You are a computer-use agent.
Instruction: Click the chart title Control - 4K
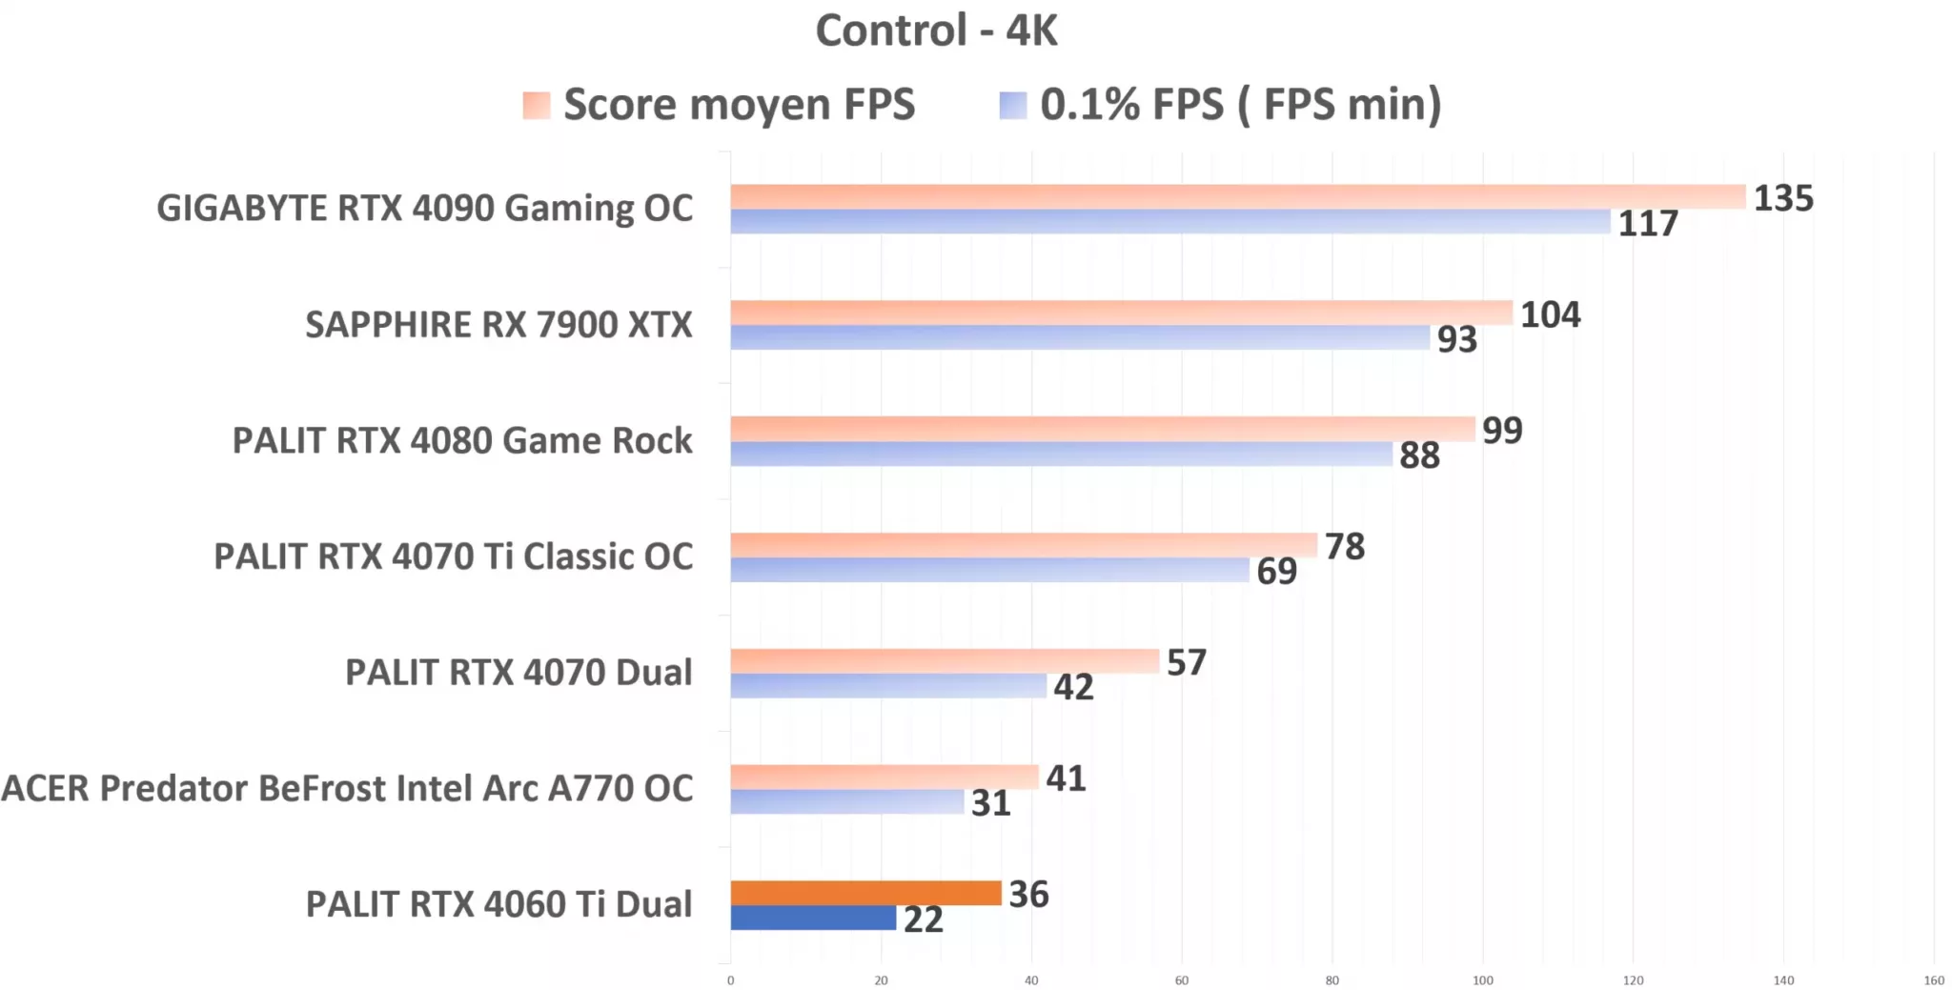pos(936,30)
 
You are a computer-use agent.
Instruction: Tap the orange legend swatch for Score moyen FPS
pos(537,105)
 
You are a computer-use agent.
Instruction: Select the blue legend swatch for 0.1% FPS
pos(1012,105)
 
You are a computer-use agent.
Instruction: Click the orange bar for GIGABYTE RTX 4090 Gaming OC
pos(1237,196)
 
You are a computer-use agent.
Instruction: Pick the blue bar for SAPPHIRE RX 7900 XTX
pos(1080,337)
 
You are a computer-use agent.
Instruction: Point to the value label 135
pos(1783,198)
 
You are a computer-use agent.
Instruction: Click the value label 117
pos(1647,224)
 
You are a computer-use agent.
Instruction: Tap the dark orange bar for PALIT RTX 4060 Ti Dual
pos(865,893)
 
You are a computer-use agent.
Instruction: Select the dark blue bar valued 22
pos(813,918)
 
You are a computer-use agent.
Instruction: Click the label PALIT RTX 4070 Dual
pos(518,673)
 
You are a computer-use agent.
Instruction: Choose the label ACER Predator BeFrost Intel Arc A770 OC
pos(347,789)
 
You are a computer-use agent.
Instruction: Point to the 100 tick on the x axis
pos(1482,980)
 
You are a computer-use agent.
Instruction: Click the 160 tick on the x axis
pos(1933,980)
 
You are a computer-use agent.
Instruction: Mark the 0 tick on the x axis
pos(731,980)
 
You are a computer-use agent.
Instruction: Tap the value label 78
pos(1344,547)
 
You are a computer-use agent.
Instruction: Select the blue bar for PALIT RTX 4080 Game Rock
pos(1061,454)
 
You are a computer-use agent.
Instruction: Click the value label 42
pos(1073,687)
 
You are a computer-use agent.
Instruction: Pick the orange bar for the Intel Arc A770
pos(884,777)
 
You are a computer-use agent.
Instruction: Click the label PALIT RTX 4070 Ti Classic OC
pos(453,556)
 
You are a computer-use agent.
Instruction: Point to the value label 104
pos(1550,314)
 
